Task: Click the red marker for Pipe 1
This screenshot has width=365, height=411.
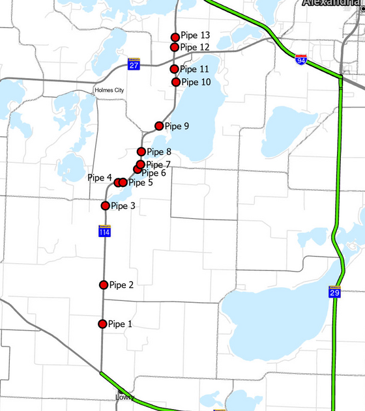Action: pyautogui.click(x=102, y=324)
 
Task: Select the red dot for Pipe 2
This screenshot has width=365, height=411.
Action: pyautogui.click(x=104, y=285)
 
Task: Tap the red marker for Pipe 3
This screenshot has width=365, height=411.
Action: pyautogui.click(x=105, y=206)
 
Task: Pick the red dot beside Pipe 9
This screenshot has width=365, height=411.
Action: pyautogui.click(x=158, y=126)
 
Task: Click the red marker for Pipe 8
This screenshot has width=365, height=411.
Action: pyautogui.click(x=141, y=152)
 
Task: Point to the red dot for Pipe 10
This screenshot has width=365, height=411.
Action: pyautogui.click(x=176, y=82)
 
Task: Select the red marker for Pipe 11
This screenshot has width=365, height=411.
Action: pyautogui.click(x=175, y=69)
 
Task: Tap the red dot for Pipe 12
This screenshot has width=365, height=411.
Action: pyautogui.click(x=175, y=47)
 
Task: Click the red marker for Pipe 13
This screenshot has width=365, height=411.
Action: pyautogui.click(x=175, y=37)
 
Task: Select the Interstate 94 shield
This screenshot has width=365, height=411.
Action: pyautogui.click(x=301, y=59)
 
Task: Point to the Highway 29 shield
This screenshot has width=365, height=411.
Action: pyautogui.click(x=333, y=293)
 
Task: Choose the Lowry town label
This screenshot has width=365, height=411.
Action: pyautogui.click(x=124, y=397)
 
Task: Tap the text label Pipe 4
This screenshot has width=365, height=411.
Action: pyautogui.click(x=100, y=178)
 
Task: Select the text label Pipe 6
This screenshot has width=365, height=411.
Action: pyautogui.click(x=154, y=173)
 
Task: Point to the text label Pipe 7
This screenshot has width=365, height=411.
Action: pyautogui.click(x=158, y=165)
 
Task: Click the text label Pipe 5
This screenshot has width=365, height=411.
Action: pyautogui.click(x=141, y=182)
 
